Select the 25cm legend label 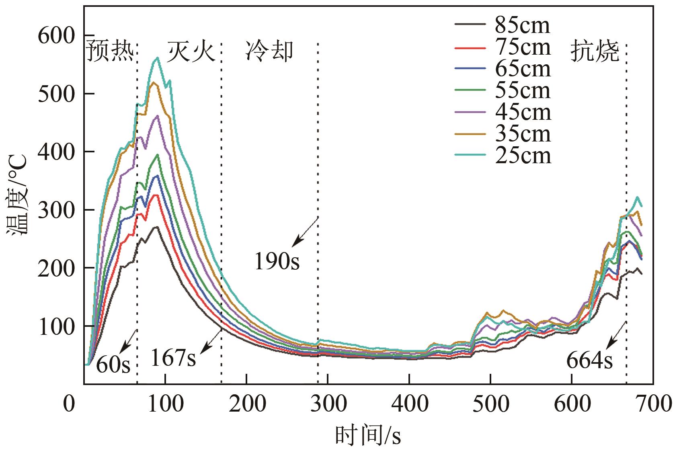pyautogui.click(x=523, y=156)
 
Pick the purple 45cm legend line pyautogui.click(x=470, y=112)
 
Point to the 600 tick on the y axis pyautogui.click(x=56, y=36)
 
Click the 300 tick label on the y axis pyautogui.click(x=56, y=210)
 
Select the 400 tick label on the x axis pyautogui.click(x=409, y=403)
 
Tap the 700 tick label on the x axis pyautogui.click(x=653, y=403)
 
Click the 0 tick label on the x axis pyautogui.click(x=69, y=403)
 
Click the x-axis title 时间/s pyautogui.click(x=368, y=436)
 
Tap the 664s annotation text pyautogui.click(x=589, y=361)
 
